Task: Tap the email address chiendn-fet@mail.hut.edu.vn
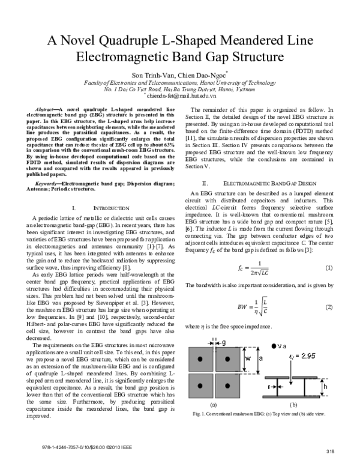click(180, 94)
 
